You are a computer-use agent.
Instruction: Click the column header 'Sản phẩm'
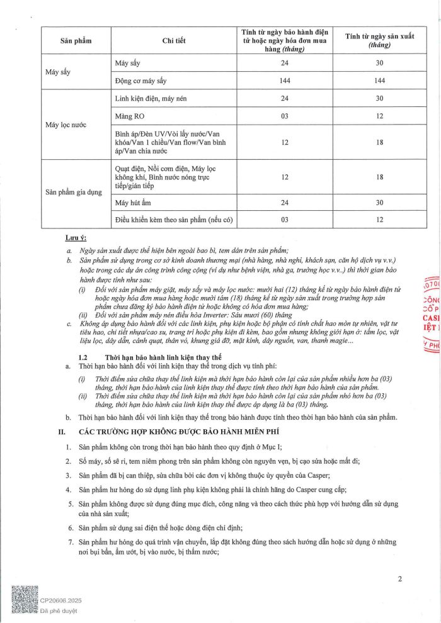point(76,41)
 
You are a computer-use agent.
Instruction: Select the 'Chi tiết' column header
point(173,41)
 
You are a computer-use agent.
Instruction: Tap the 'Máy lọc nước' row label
point(66,125)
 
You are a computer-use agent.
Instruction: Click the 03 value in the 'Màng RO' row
point(285,116)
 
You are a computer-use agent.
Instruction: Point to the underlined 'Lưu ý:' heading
point(76,239)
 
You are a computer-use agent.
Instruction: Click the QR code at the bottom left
point(25,602)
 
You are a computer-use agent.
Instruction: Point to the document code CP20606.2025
point(61,601)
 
